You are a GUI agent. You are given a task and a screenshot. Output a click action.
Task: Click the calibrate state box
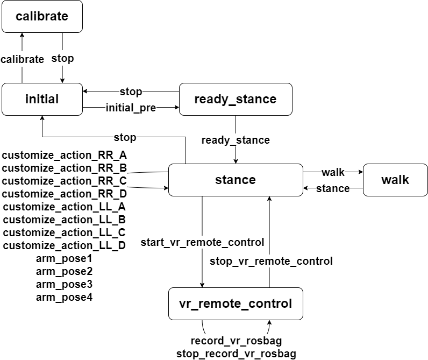[x=42, y=16]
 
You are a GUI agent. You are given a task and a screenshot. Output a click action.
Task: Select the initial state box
[x=42, y=99]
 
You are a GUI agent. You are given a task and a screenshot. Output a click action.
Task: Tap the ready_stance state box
[x=235, y=99]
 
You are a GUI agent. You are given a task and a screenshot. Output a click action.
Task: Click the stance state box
[x=235, y=180]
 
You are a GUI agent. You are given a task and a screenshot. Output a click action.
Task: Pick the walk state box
[x=395, y=180]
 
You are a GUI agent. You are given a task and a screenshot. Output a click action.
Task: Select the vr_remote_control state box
[x=235, y=303]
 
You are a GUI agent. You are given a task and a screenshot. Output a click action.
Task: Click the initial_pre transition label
[x=131, y=108]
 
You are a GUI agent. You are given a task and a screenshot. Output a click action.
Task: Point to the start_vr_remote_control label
[x=202, y=243]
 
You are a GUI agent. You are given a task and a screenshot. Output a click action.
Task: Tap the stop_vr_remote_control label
[x=271, y=262]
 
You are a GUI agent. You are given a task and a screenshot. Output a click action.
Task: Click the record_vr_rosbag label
[x=236, y=341]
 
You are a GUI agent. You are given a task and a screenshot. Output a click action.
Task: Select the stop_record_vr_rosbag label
[x=236, y=354]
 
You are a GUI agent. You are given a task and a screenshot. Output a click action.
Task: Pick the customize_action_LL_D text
[x=64, y=246]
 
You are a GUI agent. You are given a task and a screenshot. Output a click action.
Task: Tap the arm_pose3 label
[x=64, y=284]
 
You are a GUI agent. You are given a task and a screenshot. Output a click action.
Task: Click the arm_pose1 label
[x=64, y=259]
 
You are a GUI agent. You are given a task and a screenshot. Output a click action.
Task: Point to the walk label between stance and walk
[x=333, y=172]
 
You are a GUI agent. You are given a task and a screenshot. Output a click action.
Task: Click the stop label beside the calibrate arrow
[x=62, y=59]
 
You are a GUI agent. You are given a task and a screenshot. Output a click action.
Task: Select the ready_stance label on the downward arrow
[x=236, y=140]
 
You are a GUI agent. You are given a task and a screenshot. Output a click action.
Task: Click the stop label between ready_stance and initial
[x=131, y=91]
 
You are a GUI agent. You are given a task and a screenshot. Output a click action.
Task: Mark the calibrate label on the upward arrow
[x=22, y=59]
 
